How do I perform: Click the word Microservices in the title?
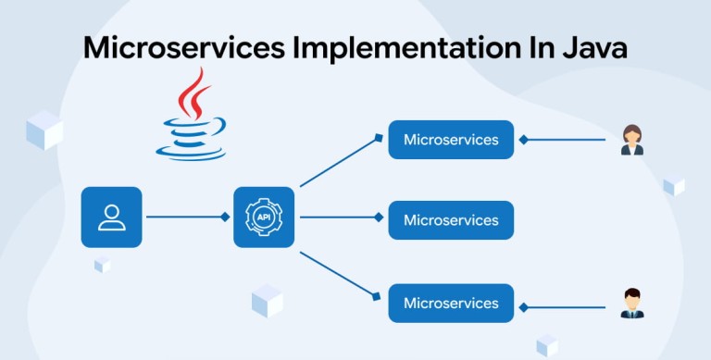(184, 47)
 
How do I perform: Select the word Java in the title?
(595, 47)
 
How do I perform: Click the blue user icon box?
(111, 217)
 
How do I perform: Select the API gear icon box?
(264, 217)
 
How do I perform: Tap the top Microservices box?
(451, 140)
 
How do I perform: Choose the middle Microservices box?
(451, 220)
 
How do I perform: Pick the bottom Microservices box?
(451, 304)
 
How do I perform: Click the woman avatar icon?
(632, 140)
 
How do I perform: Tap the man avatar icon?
(632, 304)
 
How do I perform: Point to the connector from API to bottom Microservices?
(340, 276)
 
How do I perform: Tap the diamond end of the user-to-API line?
(225, 217)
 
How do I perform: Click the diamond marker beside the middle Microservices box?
(379, 217)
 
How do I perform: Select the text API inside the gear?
(264, 217)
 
